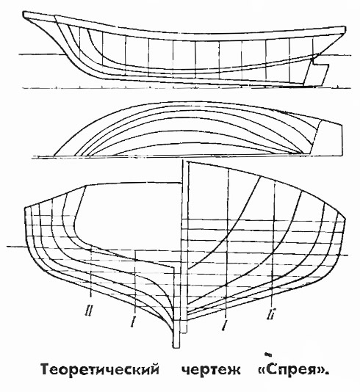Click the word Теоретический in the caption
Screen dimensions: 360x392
[x=100, y=369]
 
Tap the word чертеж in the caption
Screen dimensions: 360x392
[x=211, y=370]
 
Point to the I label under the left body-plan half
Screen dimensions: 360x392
[x=133, y=322]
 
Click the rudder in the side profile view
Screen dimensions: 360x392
[x=315, y=74]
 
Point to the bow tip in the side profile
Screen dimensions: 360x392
[x=24, y=14]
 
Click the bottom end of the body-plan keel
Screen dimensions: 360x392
[x=176, y=347]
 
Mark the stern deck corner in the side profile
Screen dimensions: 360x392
[x=345, y=27]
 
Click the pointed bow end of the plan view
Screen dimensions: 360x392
[x=55, y=156]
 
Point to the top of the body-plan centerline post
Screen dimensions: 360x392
[x=185, y=161]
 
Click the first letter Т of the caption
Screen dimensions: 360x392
[x=46, y=369]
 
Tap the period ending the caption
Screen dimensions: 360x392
[x=326, y=374]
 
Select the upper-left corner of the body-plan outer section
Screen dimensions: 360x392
[x=25, y=208]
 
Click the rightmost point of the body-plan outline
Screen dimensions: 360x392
[x=345, y=219]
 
